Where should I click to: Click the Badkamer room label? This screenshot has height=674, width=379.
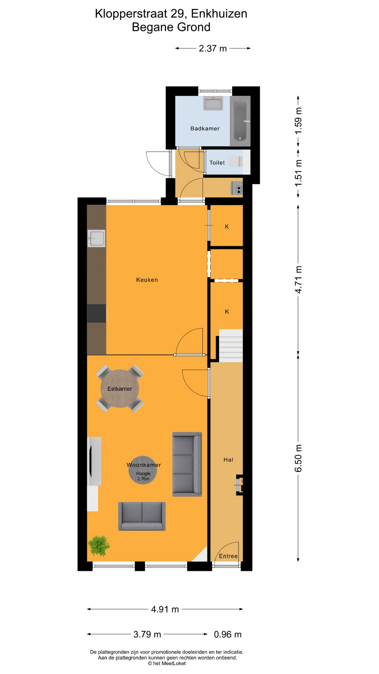tap(205, 128)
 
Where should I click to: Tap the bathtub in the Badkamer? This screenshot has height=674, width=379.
tap(240, 121)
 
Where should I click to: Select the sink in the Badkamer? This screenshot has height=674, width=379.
tap(213, 104)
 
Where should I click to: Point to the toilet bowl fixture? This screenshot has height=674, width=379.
tap(235, 161)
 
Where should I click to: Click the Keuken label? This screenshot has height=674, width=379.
tap(147, 280)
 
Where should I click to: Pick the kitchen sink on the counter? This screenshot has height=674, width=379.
tap(97, 238)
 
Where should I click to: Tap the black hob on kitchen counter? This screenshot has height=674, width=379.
tap(97, 313)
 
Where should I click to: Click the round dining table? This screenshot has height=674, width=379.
tap(120, 389)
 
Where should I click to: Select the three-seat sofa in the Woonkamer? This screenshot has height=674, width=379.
tap(187, 464)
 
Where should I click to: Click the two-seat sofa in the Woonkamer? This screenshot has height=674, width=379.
tap(142, 516)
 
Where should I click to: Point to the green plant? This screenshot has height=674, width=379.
tap(99, 546)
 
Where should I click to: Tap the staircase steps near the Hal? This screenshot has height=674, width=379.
tap(231, 346)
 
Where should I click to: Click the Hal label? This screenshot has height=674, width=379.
tap(228, 460)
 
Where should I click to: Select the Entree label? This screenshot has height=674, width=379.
tap(228, 556)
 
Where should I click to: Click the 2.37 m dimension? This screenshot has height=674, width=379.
tap(213, 48)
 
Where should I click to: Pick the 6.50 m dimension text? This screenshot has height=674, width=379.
tap(298, 458)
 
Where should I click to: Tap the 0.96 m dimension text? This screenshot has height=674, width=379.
tap(228, 634)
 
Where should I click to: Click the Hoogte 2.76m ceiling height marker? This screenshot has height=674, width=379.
tap(143, 470)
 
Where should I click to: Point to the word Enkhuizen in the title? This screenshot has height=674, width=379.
tap(219, 14)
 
